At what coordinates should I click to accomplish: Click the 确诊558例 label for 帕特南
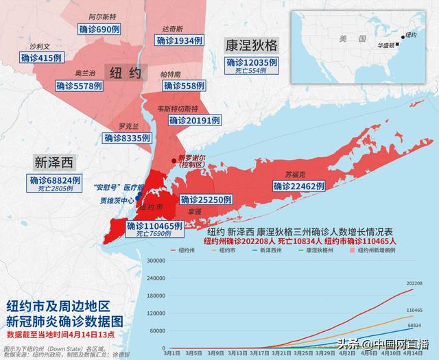184,86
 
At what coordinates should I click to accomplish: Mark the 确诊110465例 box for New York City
154,226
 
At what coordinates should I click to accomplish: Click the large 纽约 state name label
125,72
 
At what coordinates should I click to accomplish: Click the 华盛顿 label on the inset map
386,45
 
